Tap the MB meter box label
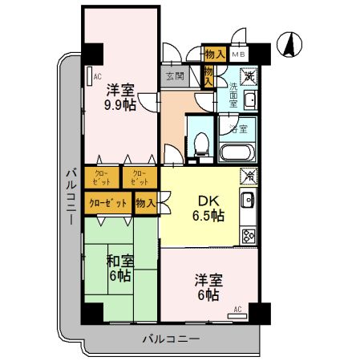(x=238, y=55)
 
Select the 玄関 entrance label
(x=174, y=76)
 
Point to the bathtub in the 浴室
(x=236, y=152)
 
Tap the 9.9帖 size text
(x=119, y=103)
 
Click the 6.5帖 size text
(x=208, y=216)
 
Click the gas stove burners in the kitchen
(x=249, y=235)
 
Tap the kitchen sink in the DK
(x=249, y=200)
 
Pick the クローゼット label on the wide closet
(x=108, y=204)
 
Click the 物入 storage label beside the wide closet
(x=146, y=204)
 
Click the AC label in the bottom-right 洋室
(x=237, y=308)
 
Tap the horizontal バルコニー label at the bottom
(x=172, y=339)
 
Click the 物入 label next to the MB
(x=213, y=55)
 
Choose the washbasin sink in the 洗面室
(x=249, y=100)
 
